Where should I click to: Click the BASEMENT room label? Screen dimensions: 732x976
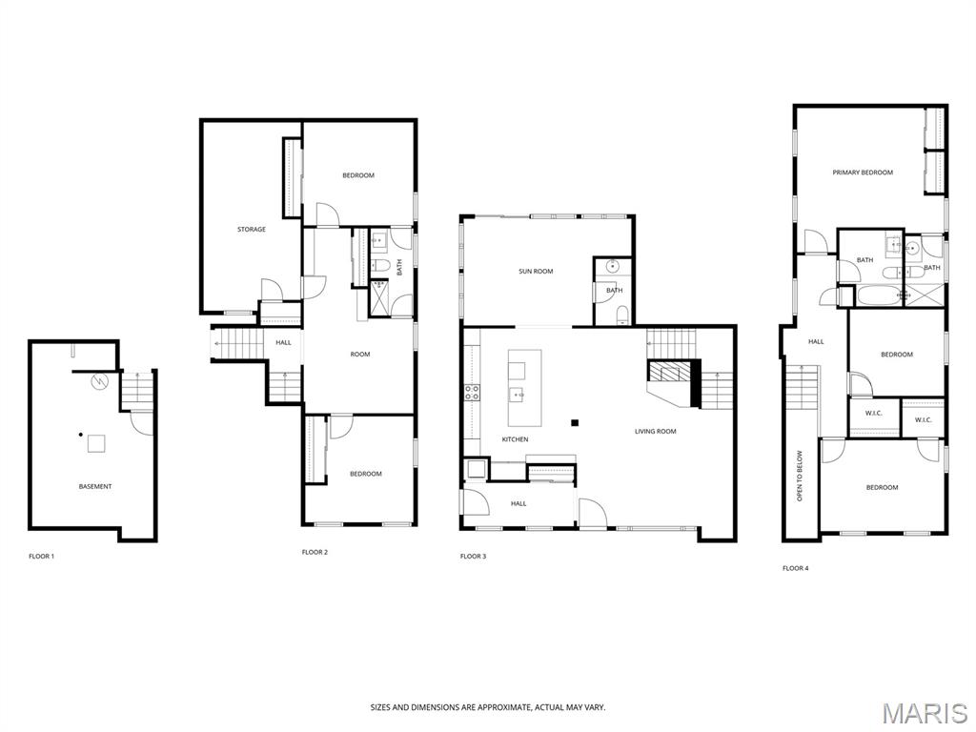point(95,487)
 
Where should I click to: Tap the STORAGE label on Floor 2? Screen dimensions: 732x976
point(252,230)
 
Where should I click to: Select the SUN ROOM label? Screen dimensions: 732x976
point(536,272)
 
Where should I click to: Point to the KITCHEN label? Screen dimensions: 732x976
point(515,439)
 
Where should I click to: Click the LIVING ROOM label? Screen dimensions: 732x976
point(656,432)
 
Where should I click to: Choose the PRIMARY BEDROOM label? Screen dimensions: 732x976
point(863,173)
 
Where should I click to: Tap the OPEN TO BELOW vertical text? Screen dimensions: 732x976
point(800,476)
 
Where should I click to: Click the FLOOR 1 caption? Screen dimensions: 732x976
point(41,556)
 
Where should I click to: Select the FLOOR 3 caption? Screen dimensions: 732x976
point(473,556)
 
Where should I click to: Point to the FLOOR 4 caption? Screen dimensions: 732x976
point(795,568)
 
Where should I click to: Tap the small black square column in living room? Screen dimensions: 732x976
point(575,422)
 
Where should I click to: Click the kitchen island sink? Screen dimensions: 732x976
point(519,393)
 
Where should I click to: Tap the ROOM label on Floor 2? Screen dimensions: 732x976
point(359,355)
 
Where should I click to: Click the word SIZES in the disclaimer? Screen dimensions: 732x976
point(381,707)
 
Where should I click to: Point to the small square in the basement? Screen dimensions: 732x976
point(96,443)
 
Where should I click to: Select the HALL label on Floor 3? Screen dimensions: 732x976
point(518,503)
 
